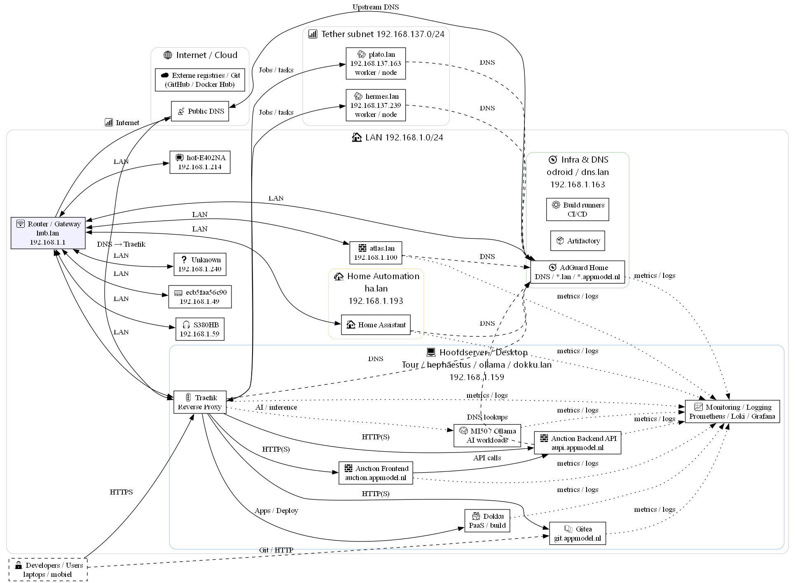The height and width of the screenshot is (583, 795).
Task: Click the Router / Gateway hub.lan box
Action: pyautogui.click(x=48, y=233)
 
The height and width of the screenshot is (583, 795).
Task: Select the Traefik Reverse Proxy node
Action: pyautogui.click(x=200, y=402)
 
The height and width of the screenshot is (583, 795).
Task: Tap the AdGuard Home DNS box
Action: pyautogui.click(x=577, y=272)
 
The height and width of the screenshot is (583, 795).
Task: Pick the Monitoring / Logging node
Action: pyautogui.click(x=732, y=412)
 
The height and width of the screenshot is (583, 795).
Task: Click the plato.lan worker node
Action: pyautogui.click(x=376, y=63)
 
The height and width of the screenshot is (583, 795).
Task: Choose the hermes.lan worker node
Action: pyautogui.click(x=376, y=105)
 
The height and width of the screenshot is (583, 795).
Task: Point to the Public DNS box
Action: pyautogui.click(x=200, y=111)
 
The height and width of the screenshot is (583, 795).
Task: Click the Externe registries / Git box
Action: pyautogui.click(x=200, y=80)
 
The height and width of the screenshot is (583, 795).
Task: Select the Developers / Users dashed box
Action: pyautogui.click(x=48, y=570)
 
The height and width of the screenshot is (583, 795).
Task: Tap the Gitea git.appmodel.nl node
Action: pyautogui.click(x=577, y=534)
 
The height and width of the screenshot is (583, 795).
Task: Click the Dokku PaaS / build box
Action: pyautogui.click(x=487, y=521)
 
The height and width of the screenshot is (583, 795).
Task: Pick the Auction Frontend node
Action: pyautogui.click(x=376, y=473)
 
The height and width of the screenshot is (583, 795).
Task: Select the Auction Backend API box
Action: pyautogui.click(x=577, y=443)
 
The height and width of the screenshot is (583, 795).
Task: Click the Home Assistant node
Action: pyautogui.click(x=376, y=325)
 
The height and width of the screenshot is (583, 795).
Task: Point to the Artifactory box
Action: pyautogui.click(x=577, y=241)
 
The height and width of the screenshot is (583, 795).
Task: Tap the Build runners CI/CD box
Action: pyautogui.click(x=577, y=210)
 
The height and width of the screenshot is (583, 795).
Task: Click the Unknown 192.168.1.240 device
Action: pyautogui.click(x=200, y=264)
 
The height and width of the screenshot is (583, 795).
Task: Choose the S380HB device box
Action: pyautogui.click(x=200, y=329)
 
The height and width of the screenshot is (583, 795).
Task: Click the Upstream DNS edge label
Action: pyautogui.click(x=375, y=7)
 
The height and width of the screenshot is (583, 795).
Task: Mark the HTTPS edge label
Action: pyautogui.click(x=121, y=492)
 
